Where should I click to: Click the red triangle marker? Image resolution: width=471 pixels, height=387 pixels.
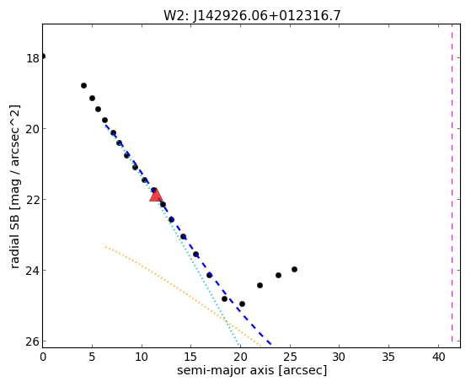point(156,196)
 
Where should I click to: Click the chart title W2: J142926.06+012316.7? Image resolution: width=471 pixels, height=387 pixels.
point(252,15)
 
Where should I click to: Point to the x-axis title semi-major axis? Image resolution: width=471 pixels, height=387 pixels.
point(225,370)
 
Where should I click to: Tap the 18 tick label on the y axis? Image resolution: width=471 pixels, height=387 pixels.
point(33,58)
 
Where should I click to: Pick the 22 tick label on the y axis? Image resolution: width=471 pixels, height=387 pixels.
point(33,200)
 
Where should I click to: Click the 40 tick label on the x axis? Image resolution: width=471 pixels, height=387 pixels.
point(438,357)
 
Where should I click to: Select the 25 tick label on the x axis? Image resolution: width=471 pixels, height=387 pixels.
point(290,357)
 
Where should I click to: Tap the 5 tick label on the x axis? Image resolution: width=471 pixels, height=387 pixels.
point(92,357)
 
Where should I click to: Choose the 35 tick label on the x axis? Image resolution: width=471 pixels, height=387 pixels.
point(389,357)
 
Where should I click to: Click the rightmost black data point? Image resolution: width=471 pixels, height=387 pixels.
point(294,269)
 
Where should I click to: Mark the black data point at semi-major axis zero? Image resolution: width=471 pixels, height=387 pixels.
point(43,56)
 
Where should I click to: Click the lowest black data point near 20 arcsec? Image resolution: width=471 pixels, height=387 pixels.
point(242,304)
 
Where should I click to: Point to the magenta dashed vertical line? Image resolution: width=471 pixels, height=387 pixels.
point(452,183)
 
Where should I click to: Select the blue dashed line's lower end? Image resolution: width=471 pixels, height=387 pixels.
point(271,344)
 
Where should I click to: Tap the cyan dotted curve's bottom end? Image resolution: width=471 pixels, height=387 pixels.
point(238,345)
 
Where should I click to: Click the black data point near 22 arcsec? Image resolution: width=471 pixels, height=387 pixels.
point(260,285)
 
